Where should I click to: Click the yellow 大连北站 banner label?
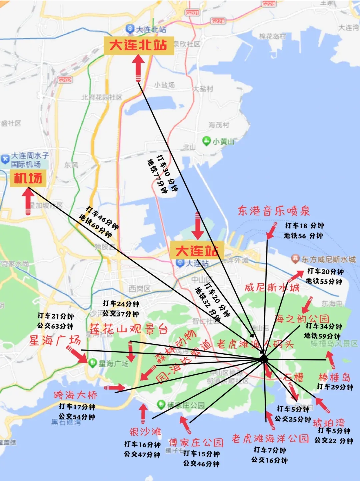(x=138, y=45)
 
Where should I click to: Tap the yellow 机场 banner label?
(x=28, y=178)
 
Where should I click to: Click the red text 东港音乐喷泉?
(x=274, y=211)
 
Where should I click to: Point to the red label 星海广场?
(x=55, y=340)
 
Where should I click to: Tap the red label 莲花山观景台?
(x=129, y=329)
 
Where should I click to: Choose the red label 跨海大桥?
(x=76, y=395)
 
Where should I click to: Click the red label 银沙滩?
(x=145, y=432)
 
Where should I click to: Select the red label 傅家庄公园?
(x=196, y=442)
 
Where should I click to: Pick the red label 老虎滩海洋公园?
(x=270, y=438)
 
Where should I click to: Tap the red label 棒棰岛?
(x=335, y=377)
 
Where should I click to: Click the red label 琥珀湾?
(x=329, y=423)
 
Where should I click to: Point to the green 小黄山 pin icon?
(x=206, y=141)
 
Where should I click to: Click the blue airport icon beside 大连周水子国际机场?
(x=5, y=159)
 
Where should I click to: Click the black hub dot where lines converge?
(x=264, y=359)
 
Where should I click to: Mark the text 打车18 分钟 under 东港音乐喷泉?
(x=304, y=226)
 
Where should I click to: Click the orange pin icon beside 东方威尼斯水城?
(x=295, y=258)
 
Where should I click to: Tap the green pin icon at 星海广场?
(x=92, y=363)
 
